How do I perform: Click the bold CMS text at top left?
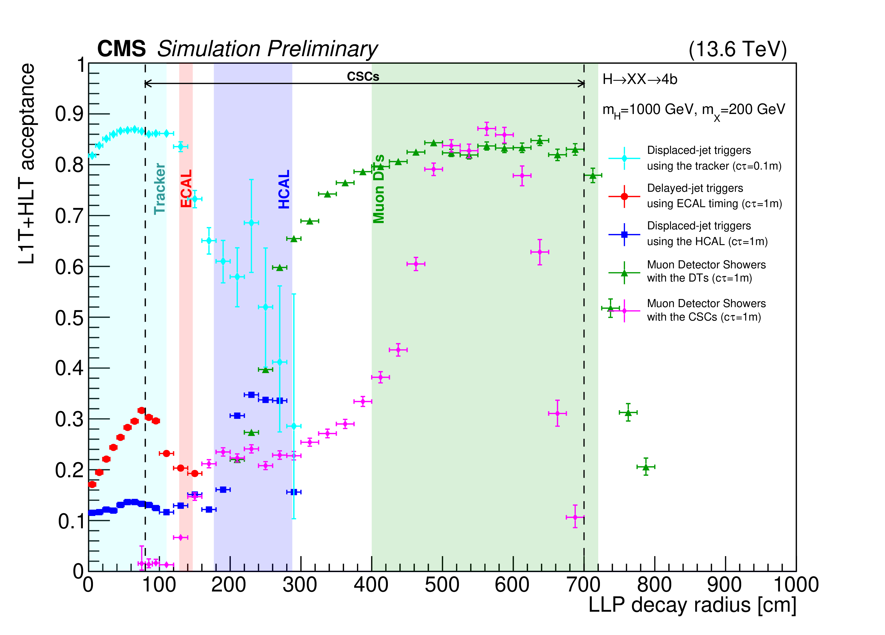(121, 49)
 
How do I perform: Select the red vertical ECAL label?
(186, 188)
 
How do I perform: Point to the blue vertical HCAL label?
(284, 189)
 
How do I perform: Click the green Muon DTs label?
(379, 189)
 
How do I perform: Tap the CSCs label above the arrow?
(363, 76)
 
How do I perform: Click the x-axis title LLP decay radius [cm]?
(692, 605)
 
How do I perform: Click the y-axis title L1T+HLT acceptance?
(26, 164)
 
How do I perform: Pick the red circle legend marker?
(624, 196)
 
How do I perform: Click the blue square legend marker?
(624, 234)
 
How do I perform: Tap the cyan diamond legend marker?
(624, 158)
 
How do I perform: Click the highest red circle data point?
(141, 410)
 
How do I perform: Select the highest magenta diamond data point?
(486, 128)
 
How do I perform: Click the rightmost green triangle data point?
(646, 467)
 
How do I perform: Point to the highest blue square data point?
(251, 395)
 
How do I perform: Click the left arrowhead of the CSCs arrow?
(146, 83)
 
